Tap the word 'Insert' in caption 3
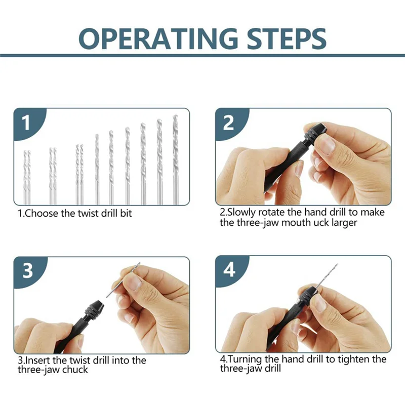[39, 360]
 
